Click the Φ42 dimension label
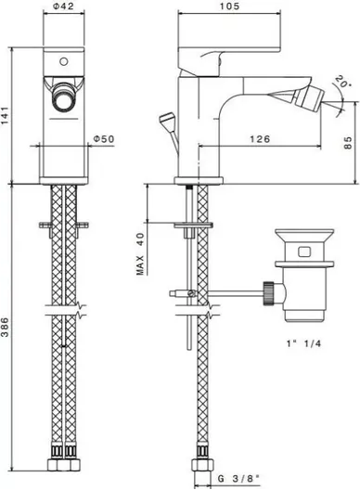63,6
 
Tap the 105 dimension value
229,6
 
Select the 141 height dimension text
6,115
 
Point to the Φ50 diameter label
104,138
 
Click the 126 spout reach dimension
260,138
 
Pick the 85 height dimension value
348,143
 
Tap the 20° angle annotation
341,82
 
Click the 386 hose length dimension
6,328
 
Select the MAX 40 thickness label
140,253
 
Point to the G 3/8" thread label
238,478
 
